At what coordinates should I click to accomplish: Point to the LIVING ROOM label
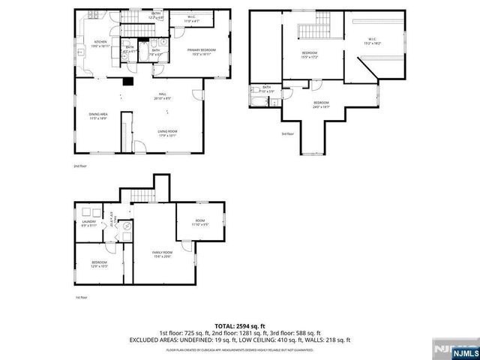coord(167,133)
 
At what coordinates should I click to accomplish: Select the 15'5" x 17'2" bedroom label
coord(310,55)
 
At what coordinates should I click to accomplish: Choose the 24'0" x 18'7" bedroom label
coord(321,103)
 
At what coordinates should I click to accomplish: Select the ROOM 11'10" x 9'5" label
coord(200,222)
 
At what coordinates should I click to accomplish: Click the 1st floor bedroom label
coord(99,264)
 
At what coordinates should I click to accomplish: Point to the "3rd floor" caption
coord(288,134)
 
